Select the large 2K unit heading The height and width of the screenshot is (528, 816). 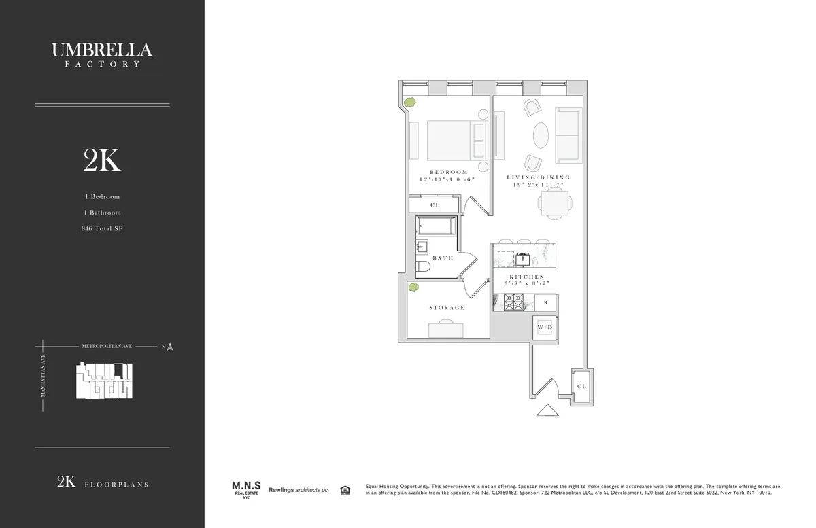102,161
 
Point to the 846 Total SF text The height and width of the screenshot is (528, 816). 102,228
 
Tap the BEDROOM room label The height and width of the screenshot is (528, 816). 449,172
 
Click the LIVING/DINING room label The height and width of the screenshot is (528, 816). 538,177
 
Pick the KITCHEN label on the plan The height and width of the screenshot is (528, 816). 527,277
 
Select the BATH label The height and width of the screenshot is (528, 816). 443,258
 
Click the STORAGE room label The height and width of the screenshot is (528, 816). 447,308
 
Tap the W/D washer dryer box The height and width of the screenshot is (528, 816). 545,328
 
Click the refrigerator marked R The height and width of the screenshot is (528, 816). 545,302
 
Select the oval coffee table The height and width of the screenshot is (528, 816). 541,135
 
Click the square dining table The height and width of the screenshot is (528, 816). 554,203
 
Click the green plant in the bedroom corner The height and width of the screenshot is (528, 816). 410,103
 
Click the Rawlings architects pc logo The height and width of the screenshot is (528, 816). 298,490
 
